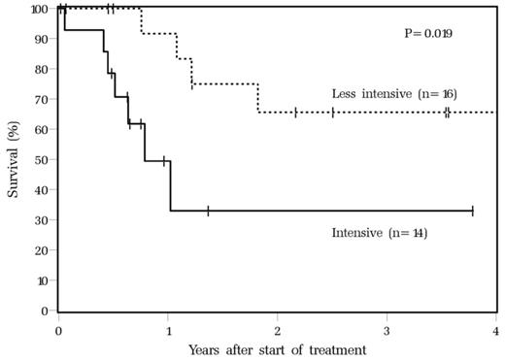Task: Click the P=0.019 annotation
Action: [430, 34]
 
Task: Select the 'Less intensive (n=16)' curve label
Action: [394, 93]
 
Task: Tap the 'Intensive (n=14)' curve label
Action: [380, 233]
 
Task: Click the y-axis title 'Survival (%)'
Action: [14, 159]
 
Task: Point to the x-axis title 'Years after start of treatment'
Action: [277, 348]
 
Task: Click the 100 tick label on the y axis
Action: [40, 10]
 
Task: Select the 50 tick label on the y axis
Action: [43, 160]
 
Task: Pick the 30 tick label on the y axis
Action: [43, 220]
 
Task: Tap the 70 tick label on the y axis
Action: [43, 100]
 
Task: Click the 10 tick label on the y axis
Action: [43, 280]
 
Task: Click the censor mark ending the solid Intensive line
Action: [472, 211]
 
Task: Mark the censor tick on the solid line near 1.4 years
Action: [208, 211]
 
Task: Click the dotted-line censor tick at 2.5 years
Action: [332, 113]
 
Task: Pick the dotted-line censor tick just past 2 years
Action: [296, 113]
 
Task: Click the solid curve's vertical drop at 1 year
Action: [170, 185]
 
